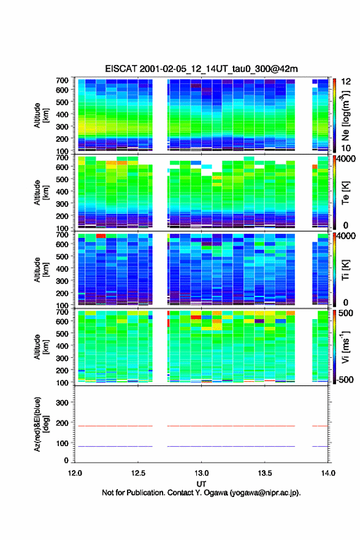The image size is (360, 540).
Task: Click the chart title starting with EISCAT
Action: (201, 69)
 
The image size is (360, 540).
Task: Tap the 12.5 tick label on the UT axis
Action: (138, 473)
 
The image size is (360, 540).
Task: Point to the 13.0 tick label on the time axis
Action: (201, 473)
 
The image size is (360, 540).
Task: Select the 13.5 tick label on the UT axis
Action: (265, 473)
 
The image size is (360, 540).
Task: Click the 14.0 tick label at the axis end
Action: (328, 473)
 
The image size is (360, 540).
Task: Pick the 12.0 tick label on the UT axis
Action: (75, 473)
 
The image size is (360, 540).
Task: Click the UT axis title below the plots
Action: (201, 484)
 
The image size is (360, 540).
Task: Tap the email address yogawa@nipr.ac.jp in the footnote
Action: (264, 493)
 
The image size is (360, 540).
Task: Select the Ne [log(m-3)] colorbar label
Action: (346, 115)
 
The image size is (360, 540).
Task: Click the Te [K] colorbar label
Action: (345, 193)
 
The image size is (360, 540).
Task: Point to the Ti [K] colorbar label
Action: (345, 270)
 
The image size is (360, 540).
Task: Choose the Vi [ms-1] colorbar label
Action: (345, 347)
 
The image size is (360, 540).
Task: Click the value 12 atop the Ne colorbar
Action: (346, 82)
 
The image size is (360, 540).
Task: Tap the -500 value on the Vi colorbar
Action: (345, 379)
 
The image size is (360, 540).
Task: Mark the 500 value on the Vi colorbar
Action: (345, 313)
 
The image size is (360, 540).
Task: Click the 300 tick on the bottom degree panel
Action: (62, 403)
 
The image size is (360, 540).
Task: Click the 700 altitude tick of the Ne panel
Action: (62, 80)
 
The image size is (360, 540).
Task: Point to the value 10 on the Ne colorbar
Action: (346, 148)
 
